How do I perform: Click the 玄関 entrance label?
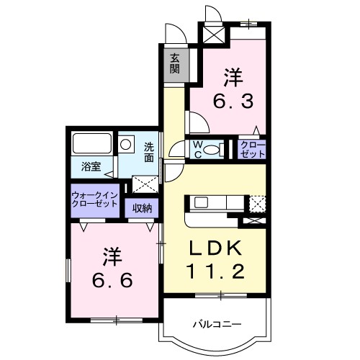click(x=175, y=65)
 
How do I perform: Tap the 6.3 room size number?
click(x=232, y=102)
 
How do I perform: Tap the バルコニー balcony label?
click(x=215, y=325)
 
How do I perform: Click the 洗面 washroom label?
click(x=149, y=152)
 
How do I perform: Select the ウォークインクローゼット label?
click(x=94, y=199)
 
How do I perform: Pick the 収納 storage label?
click(x=141, y=208)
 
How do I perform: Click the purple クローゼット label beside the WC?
click(x=253, y=149)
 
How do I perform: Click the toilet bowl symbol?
click(x=212, y=150)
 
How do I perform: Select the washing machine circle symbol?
click(x=127, y=144)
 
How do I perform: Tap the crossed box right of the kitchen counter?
click(x=258, y=204)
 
